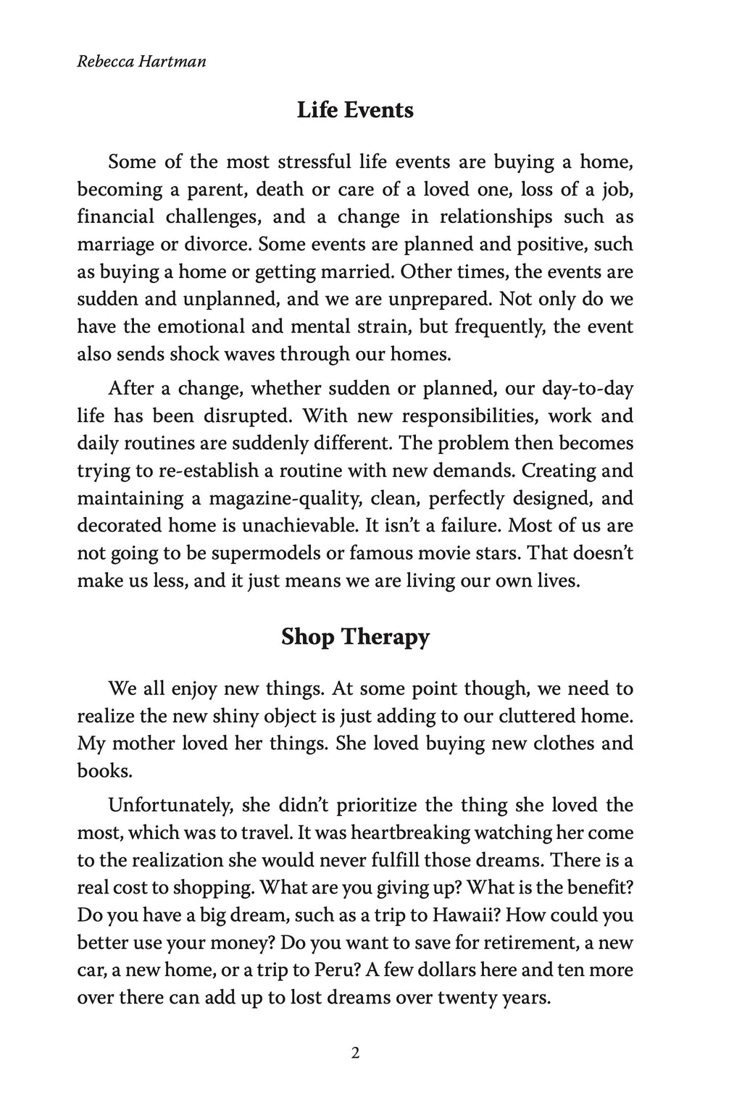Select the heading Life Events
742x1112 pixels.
coord(355,111)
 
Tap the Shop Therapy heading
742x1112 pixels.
coord(355,637)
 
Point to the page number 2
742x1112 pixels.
coord(355,1053)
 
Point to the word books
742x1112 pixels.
coord(105,770)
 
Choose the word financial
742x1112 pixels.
coord(116,216)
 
